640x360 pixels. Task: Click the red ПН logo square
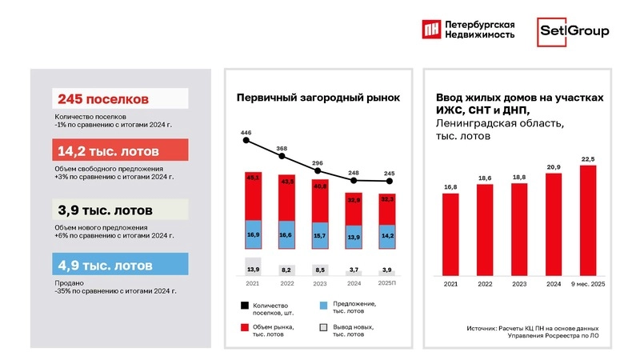431,30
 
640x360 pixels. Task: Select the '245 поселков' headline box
120,98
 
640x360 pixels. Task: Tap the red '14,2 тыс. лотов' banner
120,150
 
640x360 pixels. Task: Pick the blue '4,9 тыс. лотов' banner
120,264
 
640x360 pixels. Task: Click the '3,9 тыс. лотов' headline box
120,210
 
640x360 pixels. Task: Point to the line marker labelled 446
247,142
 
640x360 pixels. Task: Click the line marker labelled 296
319,170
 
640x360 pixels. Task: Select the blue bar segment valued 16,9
253,235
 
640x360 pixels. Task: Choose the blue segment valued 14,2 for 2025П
387,236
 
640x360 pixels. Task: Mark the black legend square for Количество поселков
242,306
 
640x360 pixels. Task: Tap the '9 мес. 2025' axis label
589,284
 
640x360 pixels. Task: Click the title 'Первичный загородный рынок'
318,98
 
